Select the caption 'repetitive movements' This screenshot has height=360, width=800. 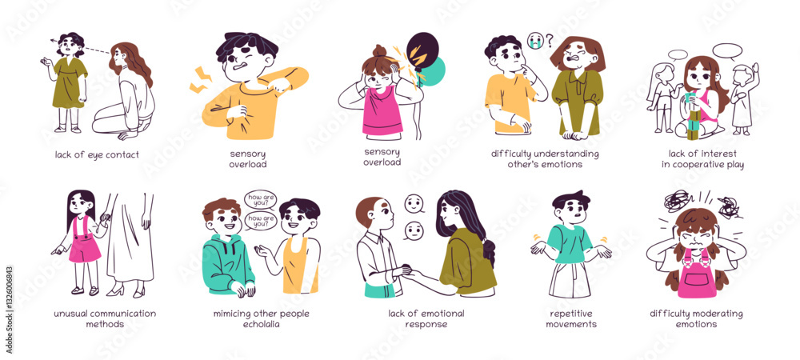coord(571,318)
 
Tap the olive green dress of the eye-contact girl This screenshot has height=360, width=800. coord(70,83)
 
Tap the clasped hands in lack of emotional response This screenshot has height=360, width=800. coord(410,271)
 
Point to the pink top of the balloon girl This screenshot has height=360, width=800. coord(382,112)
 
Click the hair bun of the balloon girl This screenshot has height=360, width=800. coord(379,52)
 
